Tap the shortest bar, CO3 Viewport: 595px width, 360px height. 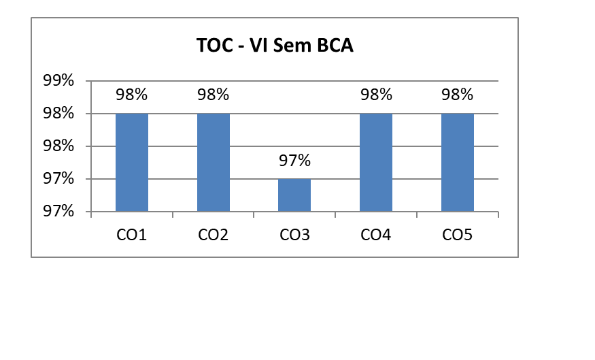294,195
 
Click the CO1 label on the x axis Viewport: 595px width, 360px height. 132,235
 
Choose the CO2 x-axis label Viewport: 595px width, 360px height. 214,235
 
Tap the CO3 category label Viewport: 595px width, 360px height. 294,235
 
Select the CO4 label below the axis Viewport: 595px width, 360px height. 376,235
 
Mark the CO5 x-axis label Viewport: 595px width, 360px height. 458,235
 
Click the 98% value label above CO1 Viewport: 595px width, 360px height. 132,95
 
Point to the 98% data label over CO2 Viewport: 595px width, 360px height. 214,95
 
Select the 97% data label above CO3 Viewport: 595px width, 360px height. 294,161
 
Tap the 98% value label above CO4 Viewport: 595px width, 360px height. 376,95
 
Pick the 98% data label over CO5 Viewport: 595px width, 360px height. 458,95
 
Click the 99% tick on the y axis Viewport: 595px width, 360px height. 58,81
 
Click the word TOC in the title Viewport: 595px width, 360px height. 213,46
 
